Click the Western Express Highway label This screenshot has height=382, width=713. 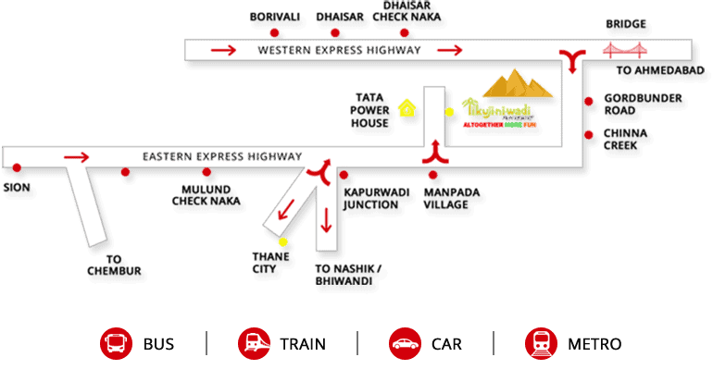coord(339,50)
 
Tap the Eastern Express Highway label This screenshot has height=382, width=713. coord(222,157)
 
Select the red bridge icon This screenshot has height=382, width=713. coord(625,51)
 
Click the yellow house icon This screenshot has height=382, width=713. coord(406,108)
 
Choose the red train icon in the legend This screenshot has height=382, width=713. coord(254,344)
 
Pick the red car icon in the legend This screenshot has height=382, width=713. coord(406,344)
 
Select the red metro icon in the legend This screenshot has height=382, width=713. coord(541,344)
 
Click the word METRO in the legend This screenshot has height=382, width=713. coord(594,345)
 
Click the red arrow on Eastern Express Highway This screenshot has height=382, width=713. coord(77,157)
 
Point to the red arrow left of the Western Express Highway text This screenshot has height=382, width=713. coord(223,50)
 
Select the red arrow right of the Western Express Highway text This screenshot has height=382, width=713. coord(450,50)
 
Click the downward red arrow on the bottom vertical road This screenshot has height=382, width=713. coord(326,220)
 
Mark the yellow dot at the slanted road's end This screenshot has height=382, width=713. coord(282,242)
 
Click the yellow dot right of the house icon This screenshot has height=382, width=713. coord(450,112)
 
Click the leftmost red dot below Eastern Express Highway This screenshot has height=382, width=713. coord(17,167)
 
